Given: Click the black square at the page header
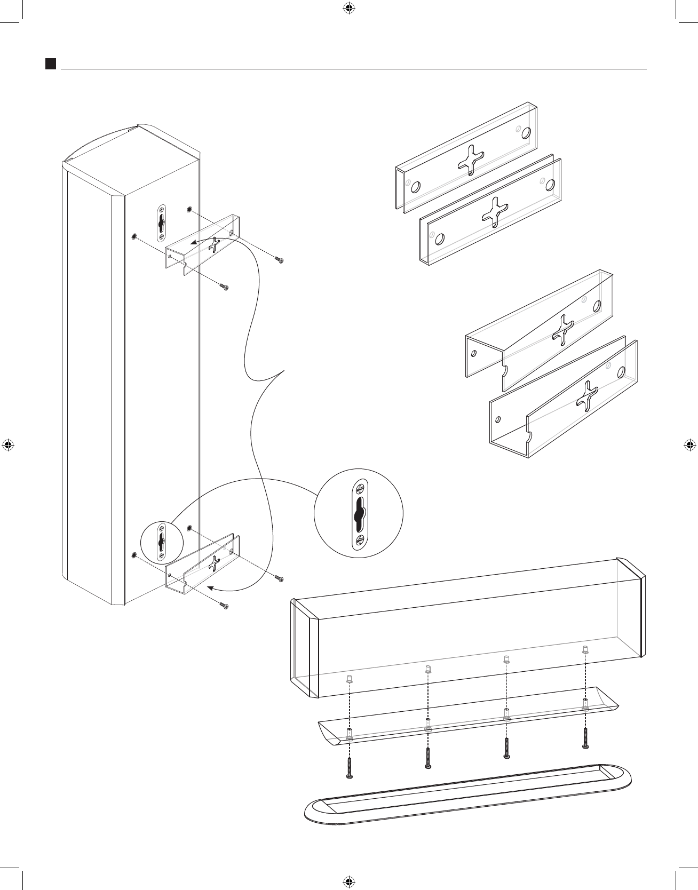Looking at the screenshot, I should tap(51, 64).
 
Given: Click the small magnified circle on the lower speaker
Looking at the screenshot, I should tap(162, 542).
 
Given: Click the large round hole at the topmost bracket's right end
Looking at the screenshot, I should tap(527, 133).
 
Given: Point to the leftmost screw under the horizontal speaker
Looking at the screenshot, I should tap(349, 768).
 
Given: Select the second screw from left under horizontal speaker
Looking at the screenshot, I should tap(428, 758).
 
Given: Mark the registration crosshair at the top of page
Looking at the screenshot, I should tap(348, 8).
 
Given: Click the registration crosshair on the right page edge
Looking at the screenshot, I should tap(689, 444).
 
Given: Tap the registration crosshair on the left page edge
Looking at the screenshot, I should tap(8, 444).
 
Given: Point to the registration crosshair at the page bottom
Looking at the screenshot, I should tap(348, 881).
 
